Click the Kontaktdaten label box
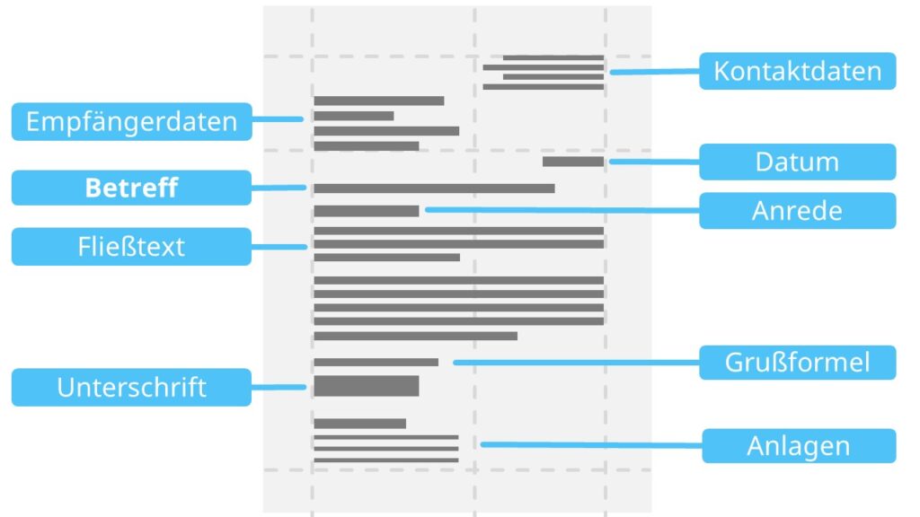pos(797,71)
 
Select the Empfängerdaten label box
pos(131,121)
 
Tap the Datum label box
pos(797,162)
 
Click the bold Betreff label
pos(131,188)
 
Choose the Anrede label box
pos(797,210)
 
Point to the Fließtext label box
pos(131,246)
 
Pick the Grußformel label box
pos(797,363)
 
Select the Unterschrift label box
pos(131,387)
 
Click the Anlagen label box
pos(798,445)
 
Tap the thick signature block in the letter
pos(366,386)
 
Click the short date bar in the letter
pos(573,162)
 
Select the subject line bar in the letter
pos(433,188)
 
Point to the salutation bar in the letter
pos(366,211)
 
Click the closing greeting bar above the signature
pos(376,363)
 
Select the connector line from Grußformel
pos(575,363)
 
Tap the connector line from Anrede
pos(562,210)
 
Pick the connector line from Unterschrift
pos(279,387)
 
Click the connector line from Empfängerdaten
pos(277,119)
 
